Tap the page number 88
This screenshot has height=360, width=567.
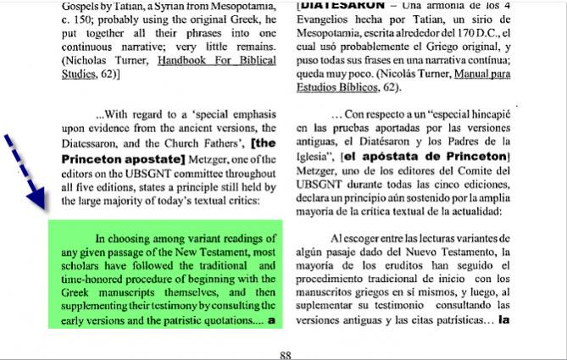(285, 355)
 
